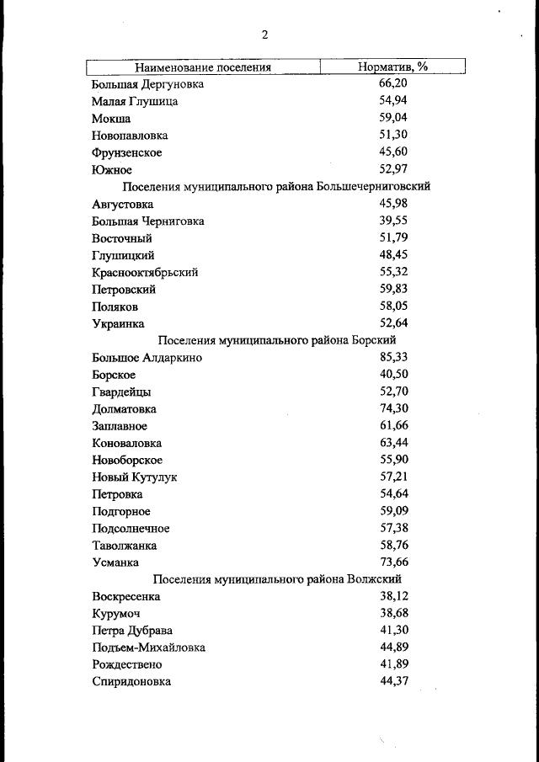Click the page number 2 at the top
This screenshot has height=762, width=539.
[x=264, y=35]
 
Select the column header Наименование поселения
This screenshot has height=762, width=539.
[x=203, y=67]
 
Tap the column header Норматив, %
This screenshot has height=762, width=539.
[x=393, y=67]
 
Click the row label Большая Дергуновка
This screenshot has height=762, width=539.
[x=147, y=84]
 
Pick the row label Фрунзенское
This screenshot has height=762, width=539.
[x=127, y=152]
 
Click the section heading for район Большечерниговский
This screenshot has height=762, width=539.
[x=277, y=187]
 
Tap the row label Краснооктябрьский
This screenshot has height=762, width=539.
[x=145, y=272]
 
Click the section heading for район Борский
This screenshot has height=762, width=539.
[x=277, y=340]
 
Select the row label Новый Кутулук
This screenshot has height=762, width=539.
[x=135, y=477]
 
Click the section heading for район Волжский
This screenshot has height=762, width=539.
[x=278, y=579]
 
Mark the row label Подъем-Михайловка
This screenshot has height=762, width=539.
[x=148, y=647]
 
